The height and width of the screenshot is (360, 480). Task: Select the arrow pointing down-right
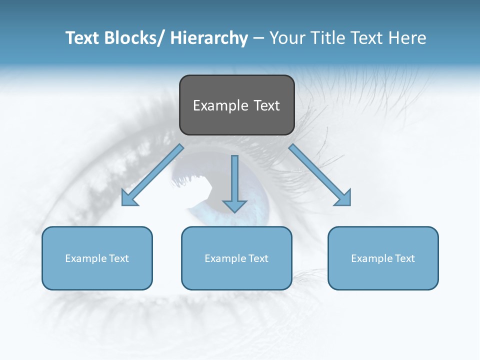click(x=320, y=175)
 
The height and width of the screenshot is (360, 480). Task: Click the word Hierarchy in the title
click(x=209, y=38)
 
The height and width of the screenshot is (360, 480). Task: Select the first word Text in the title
click(x=83, y=38)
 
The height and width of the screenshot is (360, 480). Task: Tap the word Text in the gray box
click(x=266, y=105)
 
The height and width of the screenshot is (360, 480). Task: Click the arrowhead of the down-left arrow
click(x=128, y=199)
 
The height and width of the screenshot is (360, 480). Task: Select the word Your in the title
click(x=286, y=38)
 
